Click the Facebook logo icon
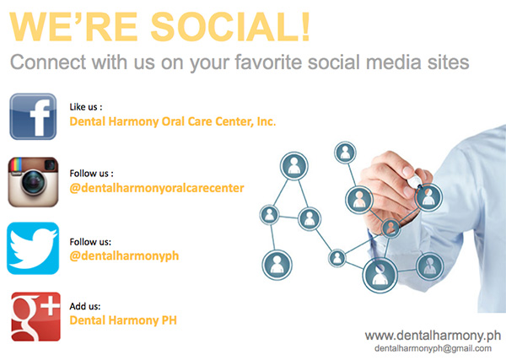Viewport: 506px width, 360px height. [x=33, y=116]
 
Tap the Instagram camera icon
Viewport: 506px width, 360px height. [x=33, y=182]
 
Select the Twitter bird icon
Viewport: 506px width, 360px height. [x=33, y=248]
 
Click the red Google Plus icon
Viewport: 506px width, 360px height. [x=35, y=316]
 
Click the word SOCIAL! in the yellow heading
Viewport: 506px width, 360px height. [x=230, y=27]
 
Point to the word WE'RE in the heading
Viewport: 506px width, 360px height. [x=73, y=27]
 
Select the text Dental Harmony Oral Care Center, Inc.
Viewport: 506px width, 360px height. [x=173, y=121]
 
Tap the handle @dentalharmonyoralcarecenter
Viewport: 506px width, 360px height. [x=157, y=188]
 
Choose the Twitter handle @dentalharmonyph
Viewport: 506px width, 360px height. [x=124, y=255]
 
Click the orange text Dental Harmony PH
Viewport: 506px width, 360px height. [x=123, y=320]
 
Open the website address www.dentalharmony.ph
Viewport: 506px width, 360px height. [x=433, y=336]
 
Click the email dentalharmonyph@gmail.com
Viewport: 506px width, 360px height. [x=433, y=348]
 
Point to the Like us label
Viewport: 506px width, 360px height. [x=86, y=107]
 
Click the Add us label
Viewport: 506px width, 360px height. [x=85, y=306]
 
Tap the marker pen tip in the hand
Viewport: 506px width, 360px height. [x=420, y=186]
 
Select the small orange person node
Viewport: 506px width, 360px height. [x=390, y=228]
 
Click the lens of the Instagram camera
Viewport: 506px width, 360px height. [x=33, y=182]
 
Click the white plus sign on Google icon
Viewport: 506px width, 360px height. [x=51, y=305]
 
